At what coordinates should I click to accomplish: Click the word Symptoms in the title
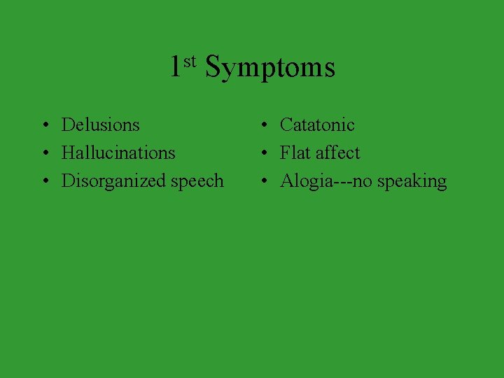click(270, 68)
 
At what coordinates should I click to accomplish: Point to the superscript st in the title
click(190, 60)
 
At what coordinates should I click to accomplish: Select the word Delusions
click(101, 125)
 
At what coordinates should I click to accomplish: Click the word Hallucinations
click(118, 153)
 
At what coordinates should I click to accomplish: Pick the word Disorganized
click(114, 181)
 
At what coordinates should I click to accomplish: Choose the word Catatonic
click(317, 125)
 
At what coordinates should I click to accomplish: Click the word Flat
click(295, 153)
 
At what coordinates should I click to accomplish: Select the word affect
click(337, 153)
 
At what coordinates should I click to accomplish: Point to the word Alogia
click(304, 181)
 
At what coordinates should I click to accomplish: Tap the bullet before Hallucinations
click(44, 153)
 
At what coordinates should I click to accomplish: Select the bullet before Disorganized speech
click(44, 181)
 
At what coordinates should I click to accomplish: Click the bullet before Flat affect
click(262, 153)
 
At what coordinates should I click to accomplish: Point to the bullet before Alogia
click(262, 181)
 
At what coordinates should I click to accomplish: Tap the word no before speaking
click(362, 182)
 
